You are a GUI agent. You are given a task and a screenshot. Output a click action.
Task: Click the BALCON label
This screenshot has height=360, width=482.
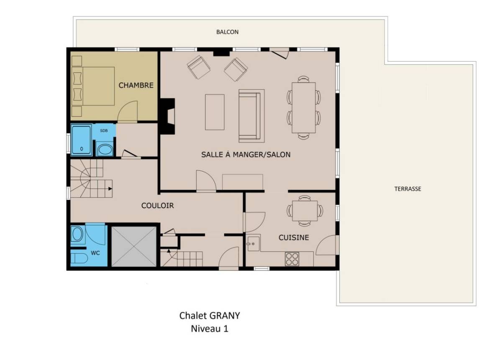227,32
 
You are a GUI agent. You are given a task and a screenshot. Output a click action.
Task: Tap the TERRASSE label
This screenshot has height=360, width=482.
408,189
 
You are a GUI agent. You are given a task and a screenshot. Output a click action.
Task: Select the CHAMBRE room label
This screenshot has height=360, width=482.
136,85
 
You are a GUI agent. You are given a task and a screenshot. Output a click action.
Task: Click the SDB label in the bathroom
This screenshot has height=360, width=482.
104,131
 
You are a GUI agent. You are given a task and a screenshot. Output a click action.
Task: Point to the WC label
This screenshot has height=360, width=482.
95,253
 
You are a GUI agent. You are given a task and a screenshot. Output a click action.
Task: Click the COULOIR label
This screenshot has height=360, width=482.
157,206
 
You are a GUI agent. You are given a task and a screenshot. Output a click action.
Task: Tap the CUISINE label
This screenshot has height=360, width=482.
294,237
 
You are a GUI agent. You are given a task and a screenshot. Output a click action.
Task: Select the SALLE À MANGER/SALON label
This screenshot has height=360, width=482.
246,154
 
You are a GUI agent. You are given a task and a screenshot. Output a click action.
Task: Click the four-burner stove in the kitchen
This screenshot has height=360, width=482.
292,259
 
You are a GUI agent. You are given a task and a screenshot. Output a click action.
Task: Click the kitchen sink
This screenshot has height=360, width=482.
253,243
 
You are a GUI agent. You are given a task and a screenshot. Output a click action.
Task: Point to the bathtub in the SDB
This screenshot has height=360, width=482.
81,140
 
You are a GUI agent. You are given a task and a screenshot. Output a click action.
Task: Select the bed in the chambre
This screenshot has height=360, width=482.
93,86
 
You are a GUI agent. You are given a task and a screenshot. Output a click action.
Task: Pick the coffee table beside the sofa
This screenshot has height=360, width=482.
215,112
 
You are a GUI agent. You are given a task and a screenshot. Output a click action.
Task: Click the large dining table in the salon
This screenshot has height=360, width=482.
304,107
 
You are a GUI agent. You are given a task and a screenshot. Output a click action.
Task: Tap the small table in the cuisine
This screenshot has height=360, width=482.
305,211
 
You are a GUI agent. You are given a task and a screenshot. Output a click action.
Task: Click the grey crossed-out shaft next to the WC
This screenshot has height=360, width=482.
134,246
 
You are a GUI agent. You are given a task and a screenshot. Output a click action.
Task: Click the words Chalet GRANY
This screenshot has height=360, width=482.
209,316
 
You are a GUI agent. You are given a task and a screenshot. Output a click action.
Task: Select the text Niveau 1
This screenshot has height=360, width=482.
209,329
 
